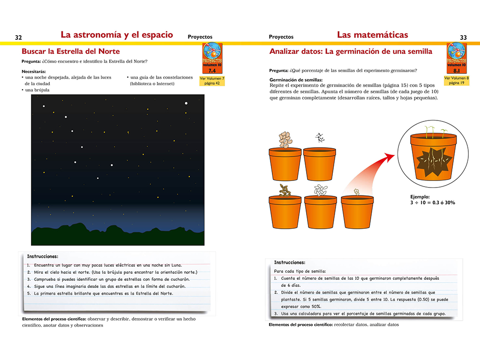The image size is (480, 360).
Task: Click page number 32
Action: coord(19,37)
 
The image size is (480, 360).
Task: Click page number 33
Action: coord(463,37)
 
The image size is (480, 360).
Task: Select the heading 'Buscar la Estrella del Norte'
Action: coord(71,52)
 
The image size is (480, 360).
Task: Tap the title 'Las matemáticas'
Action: coord(372,35)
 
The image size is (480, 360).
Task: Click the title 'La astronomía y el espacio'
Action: coord(117,35)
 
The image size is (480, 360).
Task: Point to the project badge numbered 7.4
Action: coord(212,58)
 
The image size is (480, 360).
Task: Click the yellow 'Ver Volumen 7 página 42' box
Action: coord(212,81)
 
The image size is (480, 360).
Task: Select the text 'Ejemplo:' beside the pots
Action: coord(406,197)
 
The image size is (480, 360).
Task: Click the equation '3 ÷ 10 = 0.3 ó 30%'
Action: coord(426,203)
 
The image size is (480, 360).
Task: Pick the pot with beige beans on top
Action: coord(285,165)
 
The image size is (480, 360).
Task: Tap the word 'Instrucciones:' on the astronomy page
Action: coord(43,256)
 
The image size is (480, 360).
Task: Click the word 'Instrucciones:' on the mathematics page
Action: coord(289,262)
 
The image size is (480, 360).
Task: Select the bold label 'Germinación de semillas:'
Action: coord(296,80)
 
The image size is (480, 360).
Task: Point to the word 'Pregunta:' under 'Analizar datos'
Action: coord(278,70)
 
